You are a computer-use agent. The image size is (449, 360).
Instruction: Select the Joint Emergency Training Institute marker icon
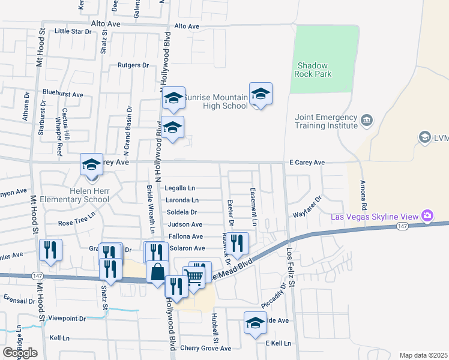(x=367, y=121)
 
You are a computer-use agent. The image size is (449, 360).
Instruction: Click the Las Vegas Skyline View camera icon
(x=427, y=215)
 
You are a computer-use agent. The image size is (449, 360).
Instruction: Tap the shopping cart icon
(x=194, y=278)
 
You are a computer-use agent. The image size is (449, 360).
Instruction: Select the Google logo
(x=20, y=353)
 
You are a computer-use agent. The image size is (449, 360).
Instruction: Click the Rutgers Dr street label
(x=133, y=65)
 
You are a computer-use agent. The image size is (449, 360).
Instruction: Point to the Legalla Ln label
(x=179, y=188)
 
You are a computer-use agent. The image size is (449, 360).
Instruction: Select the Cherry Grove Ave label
(x=205, y=348)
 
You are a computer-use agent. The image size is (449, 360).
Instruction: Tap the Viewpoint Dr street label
(x=68, y=318)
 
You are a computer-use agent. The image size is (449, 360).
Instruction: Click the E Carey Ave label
(x=307, y=163)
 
